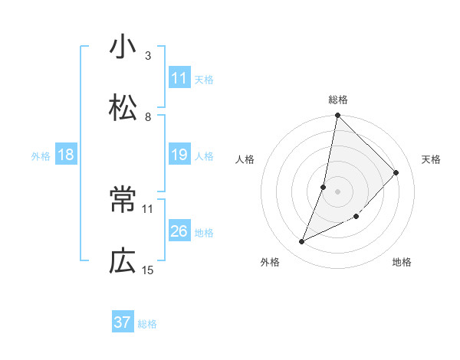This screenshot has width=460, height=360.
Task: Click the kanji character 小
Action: (x=123, y=47)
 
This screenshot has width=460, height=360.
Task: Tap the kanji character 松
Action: (x=123, y=108)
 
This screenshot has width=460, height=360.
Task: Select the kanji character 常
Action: (x=123, y=201)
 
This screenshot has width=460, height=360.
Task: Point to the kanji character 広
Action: (x=123, y=262)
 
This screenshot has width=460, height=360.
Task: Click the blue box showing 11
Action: (x=179, y=78)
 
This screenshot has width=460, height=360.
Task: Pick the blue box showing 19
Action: (x=179, y=155)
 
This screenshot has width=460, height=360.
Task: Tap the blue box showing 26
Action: (x=179, y=232)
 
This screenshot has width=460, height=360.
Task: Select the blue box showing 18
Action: (x=66, y=155)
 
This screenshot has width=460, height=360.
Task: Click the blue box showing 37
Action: (x=123, y=322)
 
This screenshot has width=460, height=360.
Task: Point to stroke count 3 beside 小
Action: (x=148, y=55)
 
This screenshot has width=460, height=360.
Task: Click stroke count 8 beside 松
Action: (x=148, y=116)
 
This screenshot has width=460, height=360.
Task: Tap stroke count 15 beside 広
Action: (x=148, y=270)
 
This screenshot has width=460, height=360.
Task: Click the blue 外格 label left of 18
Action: (x=41, y=156)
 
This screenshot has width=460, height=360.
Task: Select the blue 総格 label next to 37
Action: (x=147, y=324)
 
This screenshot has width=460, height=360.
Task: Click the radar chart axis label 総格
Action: (x=338, y=100)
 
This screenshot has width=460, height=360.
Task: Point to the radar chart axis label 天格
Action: (x=432, y=159)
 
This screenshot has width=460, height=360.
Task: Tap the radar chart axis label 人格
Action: (x=245, y=159)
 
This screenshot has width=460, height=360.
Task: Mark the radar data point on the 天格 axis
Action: (x=396, y=172)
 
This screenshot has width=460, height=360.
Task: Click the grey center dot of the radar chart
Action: (x=338, y=191)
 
